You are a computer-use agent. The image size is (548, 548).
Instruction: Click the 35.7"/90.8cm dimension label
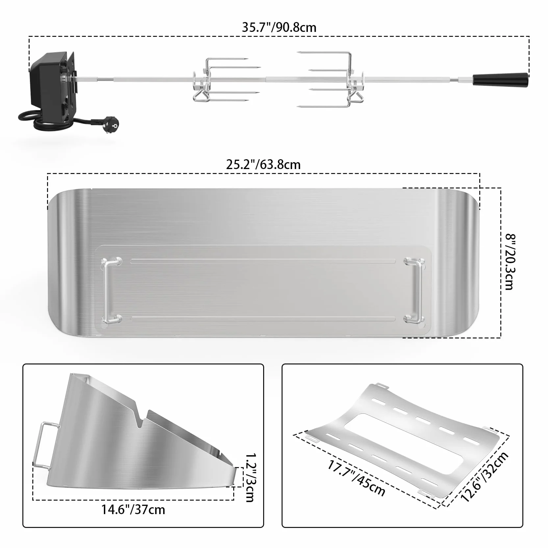click(279, 27)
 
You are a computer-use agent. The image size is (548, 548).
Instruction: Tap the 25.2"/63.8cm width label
click(263, 164)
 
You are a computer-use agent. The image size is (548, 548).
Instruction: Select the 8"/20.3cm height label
click(509, 262)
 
